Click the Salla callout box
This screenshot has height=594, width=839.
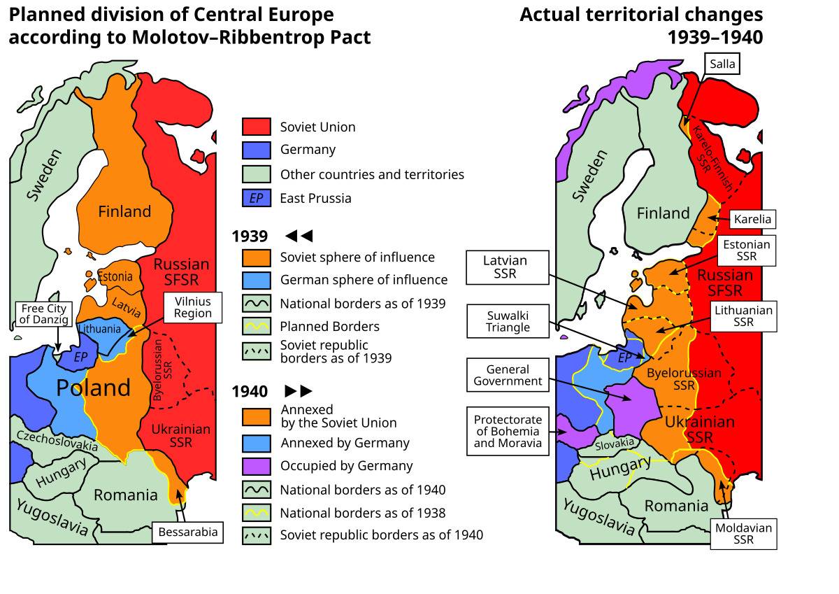click(x=722, y=64)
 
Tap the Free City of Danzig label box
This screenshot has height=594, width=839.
click(x=43, y=314)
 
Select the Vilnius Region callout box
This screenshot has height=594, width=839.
click(x=193, y=307)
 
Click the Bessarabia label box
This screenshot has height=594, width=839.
click(x=188, y=532)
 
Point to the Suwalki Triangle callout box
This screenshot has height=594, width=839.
click(x=508, y=321)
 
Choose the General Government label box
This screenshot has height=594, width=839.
click(x=508, y=375)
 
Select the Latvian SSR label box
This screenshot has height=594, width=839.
click(x=505, y=267)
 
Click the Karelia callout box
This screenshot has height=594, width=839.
click(x=752, y=219)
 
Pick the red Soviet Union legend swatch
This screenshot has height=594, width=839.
click(x=257, y=127)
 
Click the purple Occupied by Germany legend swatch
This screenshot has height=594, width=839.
click(x=257, y=465)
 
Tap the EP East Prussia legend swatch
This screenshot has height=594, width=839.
click(x=257, y=198)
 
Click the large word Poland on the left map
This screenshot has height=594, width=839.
click(x=93, y=388)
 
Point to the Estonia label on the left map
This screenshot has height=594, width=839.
click(x=115, y=277)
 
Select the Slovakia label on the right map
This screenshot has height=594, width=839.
click(x=615, y=443)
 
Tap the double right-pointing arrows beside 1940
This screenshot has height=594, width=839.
click(x=299, y=391)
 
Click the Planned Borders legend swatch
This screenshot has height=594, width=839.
click(x=257, y=326)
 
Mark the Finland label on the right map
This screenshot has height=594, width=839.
click(x=663, y=213)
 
